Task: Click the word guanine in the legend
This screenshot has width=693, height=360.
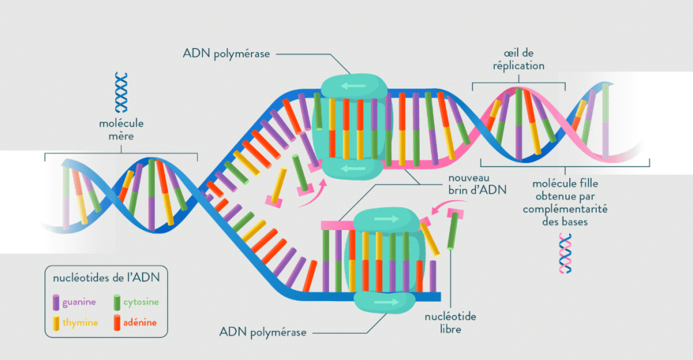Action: pyautogui.click(x=79, y=302)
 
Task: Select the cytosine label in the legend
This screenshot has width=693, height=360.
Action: pyautogui.click(x=141, y=302)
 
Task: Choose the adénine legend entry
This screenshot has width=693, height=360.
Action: pyautogui.click(x=140, y=323)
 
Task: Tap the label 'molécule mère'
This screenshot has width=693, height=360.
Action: pyautogui.click(x=121, y=130)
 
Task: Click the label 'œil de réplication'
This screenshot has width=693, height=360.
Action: pyautogui.click(x=518, y=60)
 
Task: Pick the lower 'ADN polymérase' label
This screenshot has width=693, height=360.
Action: pyautogui.click(x=264, y=332)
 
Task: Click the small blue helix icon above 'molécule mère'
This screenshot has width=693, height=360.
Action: pyautogui.click(x=121, y=91)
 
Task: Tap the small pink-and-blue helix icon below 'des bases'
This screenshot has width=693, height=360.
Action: pyautogui.click(x=565, y=253)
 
